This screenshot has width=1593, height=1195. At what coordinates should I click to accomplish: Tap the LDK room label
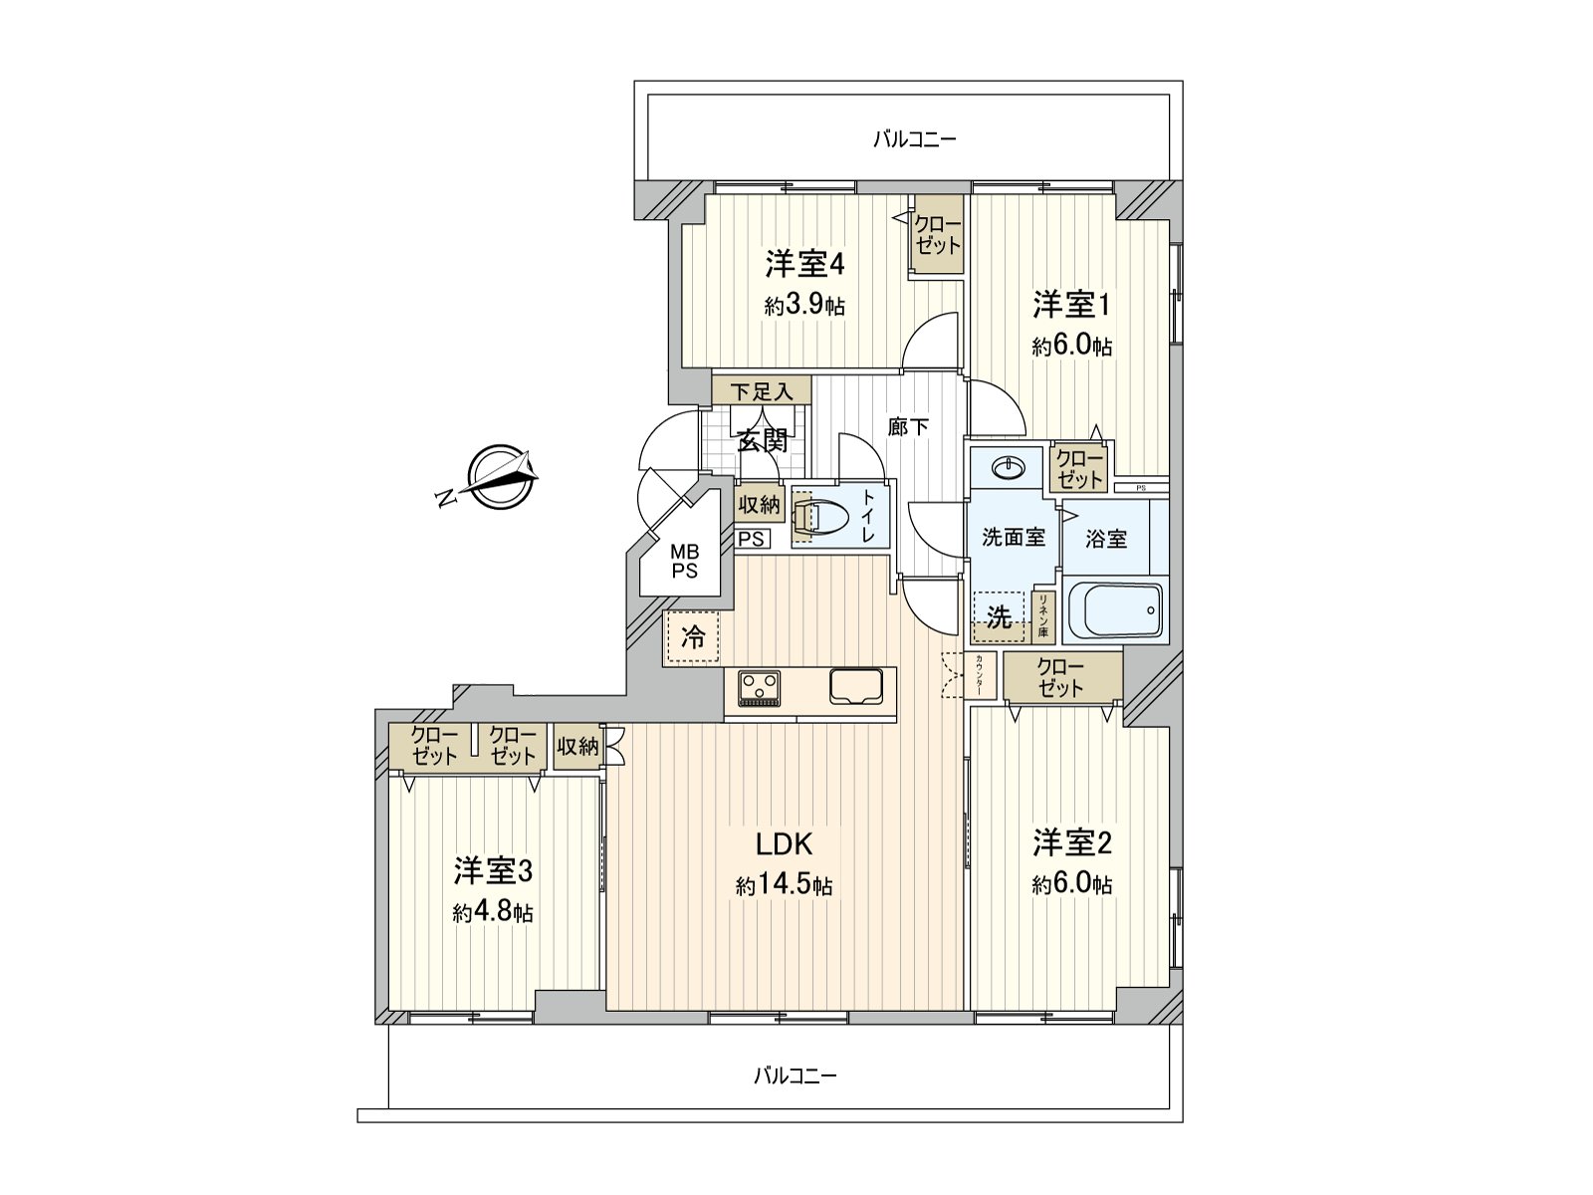tap(785, 844)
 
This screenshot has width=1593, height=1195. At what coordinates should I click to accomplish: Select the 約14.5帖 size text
tap(785, 885)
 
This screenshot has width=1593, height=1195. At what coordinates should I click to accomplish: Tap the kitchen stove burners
tap(760, 687)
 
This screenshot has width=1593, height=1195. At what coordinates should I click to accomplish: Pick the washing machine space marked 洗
tap(999, 616)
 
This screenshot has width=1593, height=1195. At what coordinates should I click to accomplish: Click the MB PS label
tap(684, 562)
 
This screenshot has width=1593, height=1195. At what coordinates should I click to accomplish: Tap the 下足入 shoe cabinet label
tap(762, 391)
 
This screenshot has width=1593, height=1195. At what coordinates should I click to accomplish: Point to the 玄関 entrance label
tap(762, 439)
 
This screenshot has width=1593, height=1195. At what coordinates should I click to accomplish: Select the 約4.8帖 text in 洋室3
tap(493, 912)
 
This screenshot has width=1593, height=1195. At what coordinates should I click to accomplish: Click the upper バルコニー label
tap(913, 139)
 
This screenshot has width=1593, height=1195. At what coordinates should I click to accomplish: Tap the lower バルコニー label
tap(794, 1075)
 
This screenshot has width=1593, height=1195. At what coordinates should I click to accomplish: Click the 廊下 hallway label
tap(908, 427)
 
